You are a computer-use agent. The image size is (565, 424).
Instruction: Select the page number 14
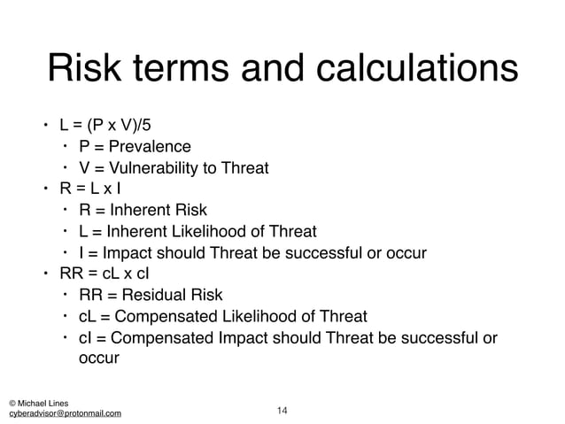point(282,409)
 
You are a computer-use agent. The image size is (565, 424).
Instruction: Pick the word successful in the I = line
point(329,253)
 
